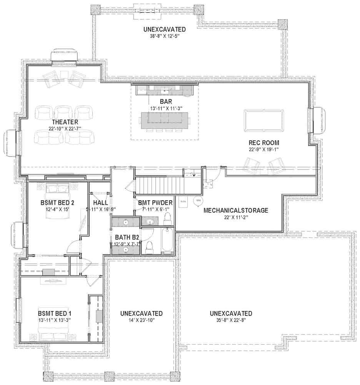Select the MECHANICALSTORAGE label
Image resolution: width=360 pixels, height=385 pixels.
[x=235, y=211]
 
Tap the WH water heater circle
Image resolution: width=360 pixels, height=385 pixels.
[x=198, y=200]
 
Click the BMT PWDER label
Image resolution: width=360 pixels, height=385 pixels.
[x=155, y=203]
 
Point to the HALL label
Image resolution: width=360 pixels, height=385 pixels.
[x=100, y=203]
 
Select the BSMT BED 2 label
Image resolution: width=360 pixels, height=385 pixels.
[x=57, y=203]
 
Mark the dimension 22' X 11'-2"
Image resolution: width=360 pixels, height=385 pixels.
[x=235, y=217]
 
